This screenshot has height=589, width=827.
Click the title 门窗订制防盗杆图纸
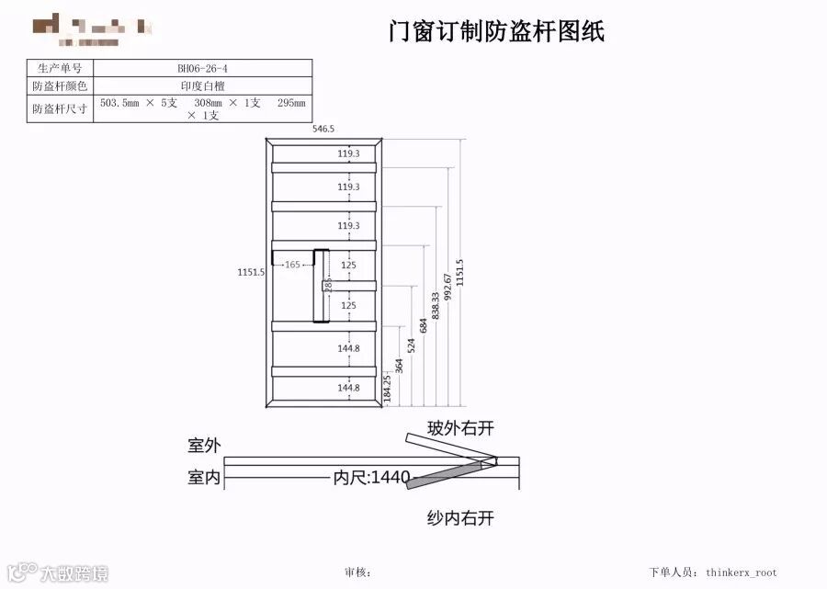click(496, 32)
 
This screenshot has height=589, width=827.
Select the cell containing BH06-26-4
click(203, 68)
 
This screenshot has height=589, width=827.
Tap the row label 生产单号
click(60, 68)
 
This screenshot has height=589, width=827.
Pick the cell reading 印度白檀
click(203, 85)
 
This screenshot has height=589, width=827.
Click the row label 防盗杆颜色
click(60, 85)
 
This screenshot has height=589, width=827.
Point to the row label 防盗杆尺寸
click(60, 108)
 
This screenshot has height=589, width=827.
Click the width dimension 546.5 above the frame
click(323, 130)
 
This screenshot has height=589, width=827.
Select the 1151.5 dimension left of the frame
click(251, 272)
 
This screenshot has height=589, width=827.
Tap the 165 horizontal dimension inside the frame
click(292, 265)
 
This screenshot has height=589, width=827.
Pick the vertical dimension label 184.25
click(388, 385)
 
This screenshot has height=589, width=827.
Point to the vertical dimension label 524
click(412, 345)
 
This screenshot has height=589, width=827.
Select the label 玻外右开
click(460, 428)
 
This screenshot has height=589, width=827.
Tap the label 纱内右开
click(460, 518)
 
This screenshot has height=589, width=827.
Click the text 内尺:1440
click(371, 477)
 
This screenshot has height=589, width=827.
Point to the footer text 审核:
click(358, 572)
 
